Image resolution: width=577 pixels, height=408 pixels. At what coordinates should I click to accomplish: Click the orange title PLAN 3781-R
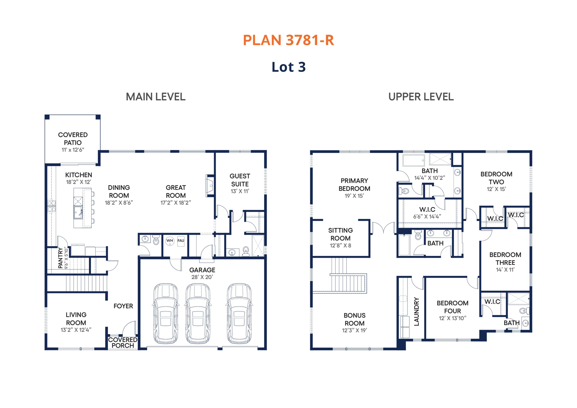point(288,40)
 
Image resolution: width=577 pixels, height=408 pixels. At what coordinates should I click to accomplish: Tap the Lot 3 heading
point(288,67)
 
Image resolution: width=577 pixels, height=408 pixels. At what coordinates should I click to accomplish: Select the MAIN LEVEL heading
point(156,97)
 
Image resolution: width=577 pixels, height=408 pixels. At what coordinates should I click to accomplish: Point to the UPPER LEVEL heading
point(421,97)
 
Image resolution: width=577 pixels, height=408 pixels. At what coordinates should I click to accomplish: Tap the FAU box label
point(181,241)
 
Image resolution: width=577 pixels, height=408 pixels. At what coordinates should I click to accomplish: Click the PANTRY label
point(60,258)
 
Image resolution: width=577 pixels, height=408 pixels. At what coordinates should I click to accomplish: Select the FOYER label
point(123,306)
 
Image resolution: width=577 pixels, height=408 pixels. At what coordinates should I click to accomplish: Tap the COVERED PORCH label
point(123,343)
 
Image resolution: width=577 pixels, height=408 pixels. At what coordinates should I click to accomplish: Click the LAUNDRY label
point(417,312)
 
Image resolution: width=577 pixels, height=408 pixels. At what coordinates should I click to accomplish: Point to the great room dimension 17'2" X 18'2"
point(176,203)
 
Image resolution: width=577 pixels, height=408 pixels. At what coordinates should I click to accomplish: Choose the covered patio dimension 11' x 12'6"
point(73,150)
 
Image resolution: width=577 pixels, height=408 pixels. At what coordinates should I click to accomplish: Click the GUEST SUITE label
point(240,180)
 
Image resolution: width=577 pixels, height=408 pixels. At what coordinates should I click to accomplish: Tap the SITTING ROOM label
point(341,234)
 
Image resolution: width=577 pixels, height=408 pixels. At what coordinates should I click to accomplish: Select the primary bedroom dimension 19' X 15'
point(354,196)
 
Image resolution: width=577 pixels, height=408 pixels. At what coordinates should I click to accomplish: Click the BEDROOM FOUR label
point(453,307)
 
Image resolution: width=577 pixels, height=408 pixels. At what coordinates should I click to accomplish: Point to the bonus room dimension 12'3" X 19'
point(355,330)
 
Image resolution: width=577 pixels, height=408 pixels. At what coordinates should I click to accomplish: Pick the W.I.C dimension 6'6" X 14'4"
point(427,216)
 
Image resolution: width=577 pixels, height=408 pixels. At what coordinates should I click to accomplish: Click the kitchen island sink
point(78,212)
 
